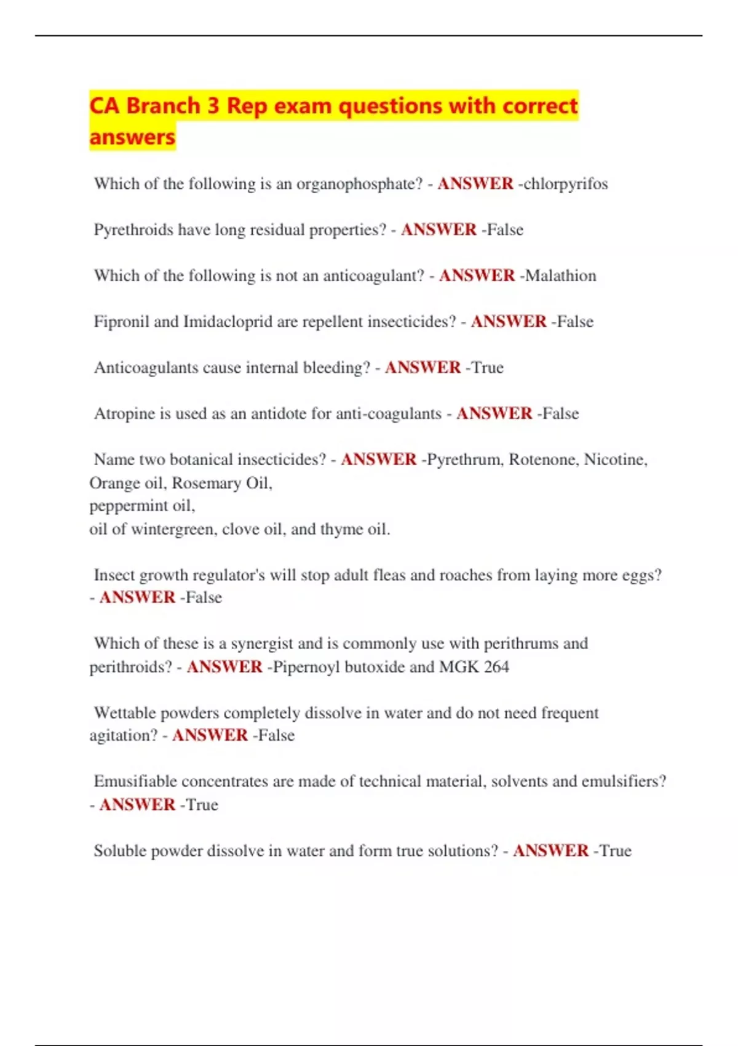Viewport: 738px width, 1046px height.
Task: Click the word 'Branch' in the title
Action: (x=163, y=106)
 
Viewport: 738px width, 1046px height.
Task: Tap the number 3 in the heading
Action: (x=213, y=106)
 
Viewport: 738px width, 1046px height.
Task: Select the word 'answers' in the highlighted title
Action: (x=132, y=137)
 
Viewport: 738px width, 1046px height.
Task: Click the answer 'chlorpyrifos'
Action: (x=565, y=184)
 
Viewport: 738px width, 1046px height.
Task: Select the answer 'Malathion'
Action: (x=560, y=276)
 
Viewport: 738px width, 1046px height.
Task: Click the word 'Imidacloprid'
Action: (x=228, y=322)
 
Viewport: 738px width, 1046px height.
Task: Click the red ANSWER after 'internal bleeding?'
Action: (x=423, y=368)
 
